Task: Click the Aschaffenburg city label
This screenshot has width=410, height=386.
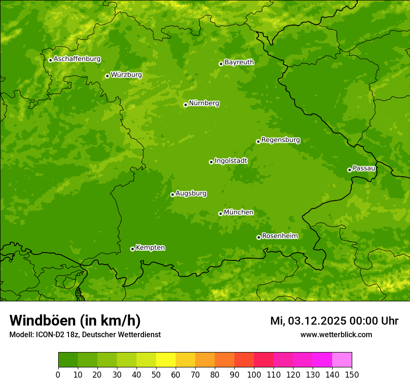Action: tap(77, 59)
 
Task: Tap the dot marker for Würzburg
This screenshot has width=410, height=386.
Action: tap(107, 76)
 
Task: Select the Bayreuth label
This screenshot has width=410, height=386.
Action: tap(239, 62)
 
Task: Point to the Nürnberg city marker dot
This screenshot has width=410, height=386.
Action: tap(185, 105)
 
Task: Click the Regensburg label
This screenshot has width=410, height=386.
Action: tap(280, 140)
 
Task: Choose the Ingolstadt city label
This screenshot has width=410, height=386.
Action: tap(231, 161)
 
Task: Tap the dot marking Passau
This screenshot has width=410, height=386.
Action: tap(349, 170)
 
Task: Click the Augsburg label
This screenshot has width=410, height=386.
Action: tap(191, 193)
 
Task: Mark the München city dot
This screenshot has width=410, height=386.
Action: tap(220, 213)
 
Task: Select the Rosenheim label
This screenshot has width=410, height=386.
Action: tap(280, 236)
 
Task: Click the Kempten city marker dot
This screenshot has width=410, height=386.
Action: tap(132, 249)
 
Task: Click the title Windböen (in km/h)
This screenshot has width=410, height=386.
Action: tap(75, 320)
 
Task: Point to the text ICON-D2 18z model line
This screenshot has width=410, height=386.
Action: tap(85, 335)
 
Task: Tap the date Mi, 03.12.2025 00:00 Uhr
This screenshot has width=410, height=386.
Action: tap(334, 321)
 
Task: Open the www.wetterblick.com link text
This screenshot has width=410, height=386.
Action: tap(336, 335)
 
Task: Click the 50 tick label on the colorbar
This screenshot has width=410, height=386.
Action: tap(156, 374)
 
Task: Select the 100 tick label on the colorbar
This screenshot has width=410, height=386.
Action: tap(254, 374)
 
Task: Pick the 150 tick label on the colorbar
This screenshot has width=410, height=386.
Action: tap(352, 374)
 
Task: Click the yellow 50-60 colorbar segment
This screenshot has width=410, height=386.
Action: tap(166, 359)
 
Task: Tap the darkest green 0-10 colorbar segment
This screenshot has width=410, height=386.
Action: tap(68, 359)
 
